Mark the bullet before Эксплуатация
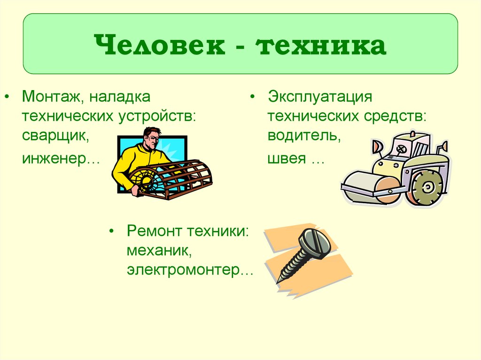(253, 98)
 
